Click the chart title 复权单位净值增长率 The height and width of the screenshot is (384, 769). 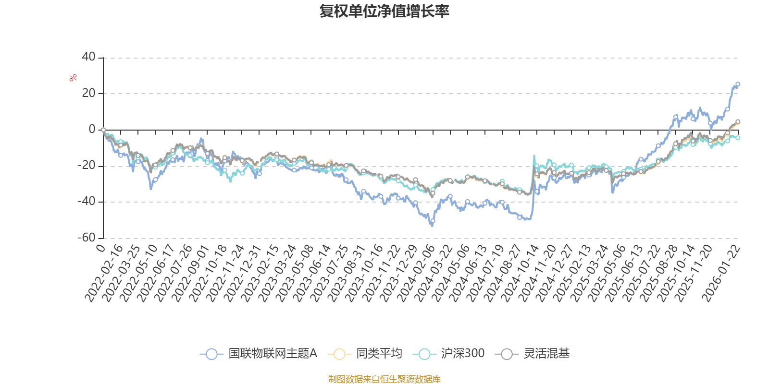pyautogui.click(x=384, y=11)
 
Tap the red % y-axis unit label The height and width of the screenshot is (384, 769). pyautogui.click(x=73, y=78)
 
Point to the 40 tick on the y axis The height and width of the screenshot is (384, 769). pyautogui.click(x=89, y=57)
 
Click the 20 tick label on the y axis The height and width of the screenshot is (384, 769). pyautogui.click(x=89, y=93)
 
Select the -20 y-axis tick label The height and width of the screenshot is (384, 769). pyautogui.click(x=87, y=166)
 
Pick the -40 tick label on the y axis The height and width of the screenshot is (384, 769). pyautogui.click(x=87, y=202)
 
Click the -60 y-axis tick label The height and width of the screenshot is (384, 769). pyautogui.click(x=87, y=238)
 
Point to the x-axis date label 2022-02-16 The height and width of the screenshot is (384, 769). pyautogui.click(x=104, y=274)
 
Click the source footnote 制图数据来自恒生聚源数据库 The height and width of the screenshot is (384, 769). pyautogui.click(x=384, y=379)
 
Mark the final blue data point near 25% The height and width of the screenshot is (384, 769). pyautogui.click(x=738, y=84)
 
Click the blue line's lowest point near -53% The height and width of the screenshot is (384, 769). pyautogui.click(x=432, y=225)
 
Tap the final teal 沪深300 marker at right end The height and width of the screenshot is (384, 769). pyautogui.click(x=738, y=138)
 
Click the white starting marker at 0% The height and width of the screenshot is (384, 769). pyautogui.click(x=103, y=130)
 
